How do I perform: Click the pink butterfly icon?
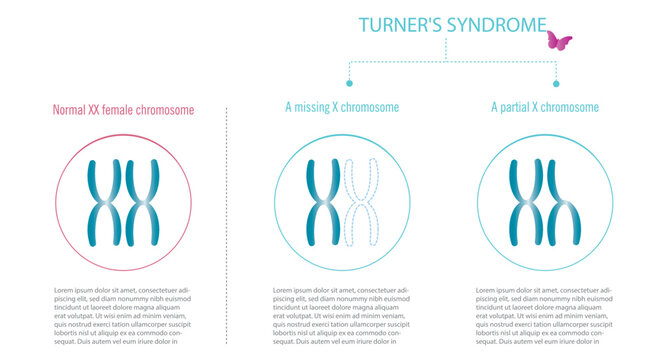(x=558, y=41)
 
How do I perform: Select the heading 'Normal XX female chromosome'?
(x=124, y=110)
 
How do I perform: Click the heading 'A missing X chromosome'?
(x=342, y=107)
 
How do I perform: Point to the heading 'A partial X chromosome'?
(x=545, y=107)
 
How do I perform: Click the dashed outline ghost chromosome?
(x=360, y=202)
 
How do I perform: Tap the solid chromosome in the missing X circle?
(x=323, y=202)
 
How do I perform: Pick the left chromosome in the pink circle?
(x=105, y=202)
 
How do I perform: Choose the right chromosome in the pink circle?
(x=143, y=202)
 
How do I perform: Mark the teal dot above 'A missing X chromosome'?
(x=349, y=84)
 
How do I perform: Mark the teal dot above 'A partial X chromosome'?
(x=556, y=84)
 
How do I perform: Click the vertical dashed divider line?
(x=227, y=220)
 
